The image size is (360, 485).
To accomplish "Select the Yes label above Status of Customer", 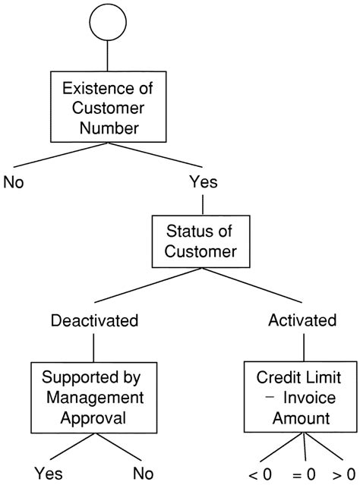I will (202, 182).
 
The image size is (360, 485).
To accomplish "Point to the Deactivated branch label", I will (93, 320).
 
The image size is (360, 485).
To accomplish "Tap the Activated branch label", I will (303, 320).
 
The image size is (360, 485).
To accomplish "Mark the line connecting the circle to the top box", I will (106, 58).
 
